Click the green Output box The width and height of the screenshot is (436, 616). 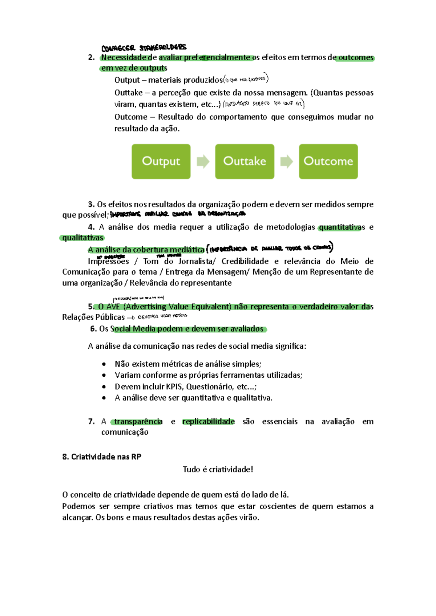(x=161, y=161)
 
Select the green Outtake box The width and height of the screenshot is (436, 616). (x=245, y=161)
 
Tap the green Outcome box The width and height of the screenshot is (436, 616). (x=328, y=161)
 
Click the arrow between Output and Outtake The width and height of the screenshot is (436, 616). (x=203, y=161)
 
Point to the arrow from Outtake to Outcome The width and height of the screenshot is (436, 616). (x=287, y=161)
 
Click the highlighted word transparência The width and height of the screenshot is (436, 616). (x=138, y=421)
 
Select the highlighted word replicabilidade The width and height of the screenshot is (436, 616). (x=208, y=421)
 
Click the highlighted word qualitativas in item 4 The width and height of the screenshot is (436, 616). (x=82, y=238)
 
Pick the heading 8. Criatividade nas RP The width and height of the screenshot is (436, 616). (x=102, y=457)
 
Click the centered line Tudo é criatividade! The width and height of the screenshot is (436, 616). (x=218, y=469)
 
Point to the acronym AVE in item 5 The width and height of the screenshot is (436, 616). (x=113, y=307)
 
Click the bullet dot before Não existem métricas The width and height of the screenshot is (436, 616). (x=104, y=364)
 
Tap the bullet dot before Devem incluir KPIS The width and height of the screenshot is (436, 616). (x=104, y=387)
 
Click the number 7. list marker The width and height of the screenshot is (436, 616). (x=91, y=421)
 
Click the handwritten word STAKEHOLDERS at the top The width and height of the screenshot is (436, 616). (x=163, y=47)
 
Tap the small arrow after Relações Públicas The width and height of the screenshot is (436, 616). (x=131, y=317)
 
